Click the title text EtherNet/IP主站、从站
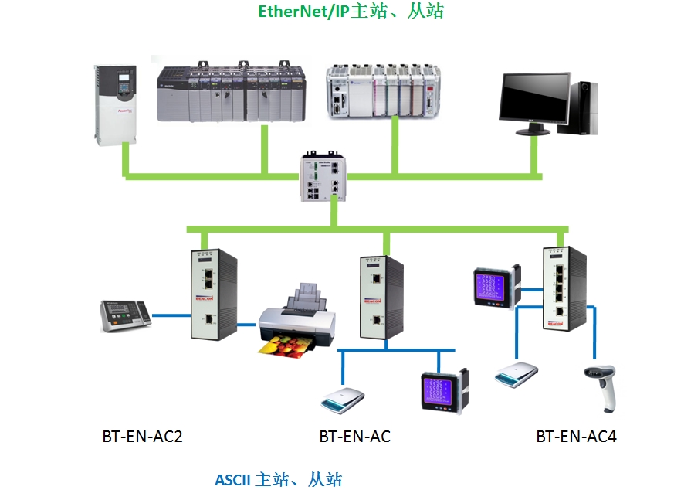click(351, 12)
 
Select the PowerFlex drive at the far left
click(114, 104)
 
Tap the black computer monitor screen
click(534, 97)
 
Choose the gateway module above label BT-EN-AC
click(379, 295)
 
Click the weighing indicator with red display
click(126, 315)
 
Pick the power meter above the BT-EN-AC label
click(444, 392)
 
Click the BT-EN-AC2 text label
click(142, 437)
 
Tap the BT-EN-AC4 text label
click(576, 437)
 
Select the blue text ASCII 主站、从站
click(278, 479)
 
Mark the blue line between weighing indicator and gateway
click(172, 315)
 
